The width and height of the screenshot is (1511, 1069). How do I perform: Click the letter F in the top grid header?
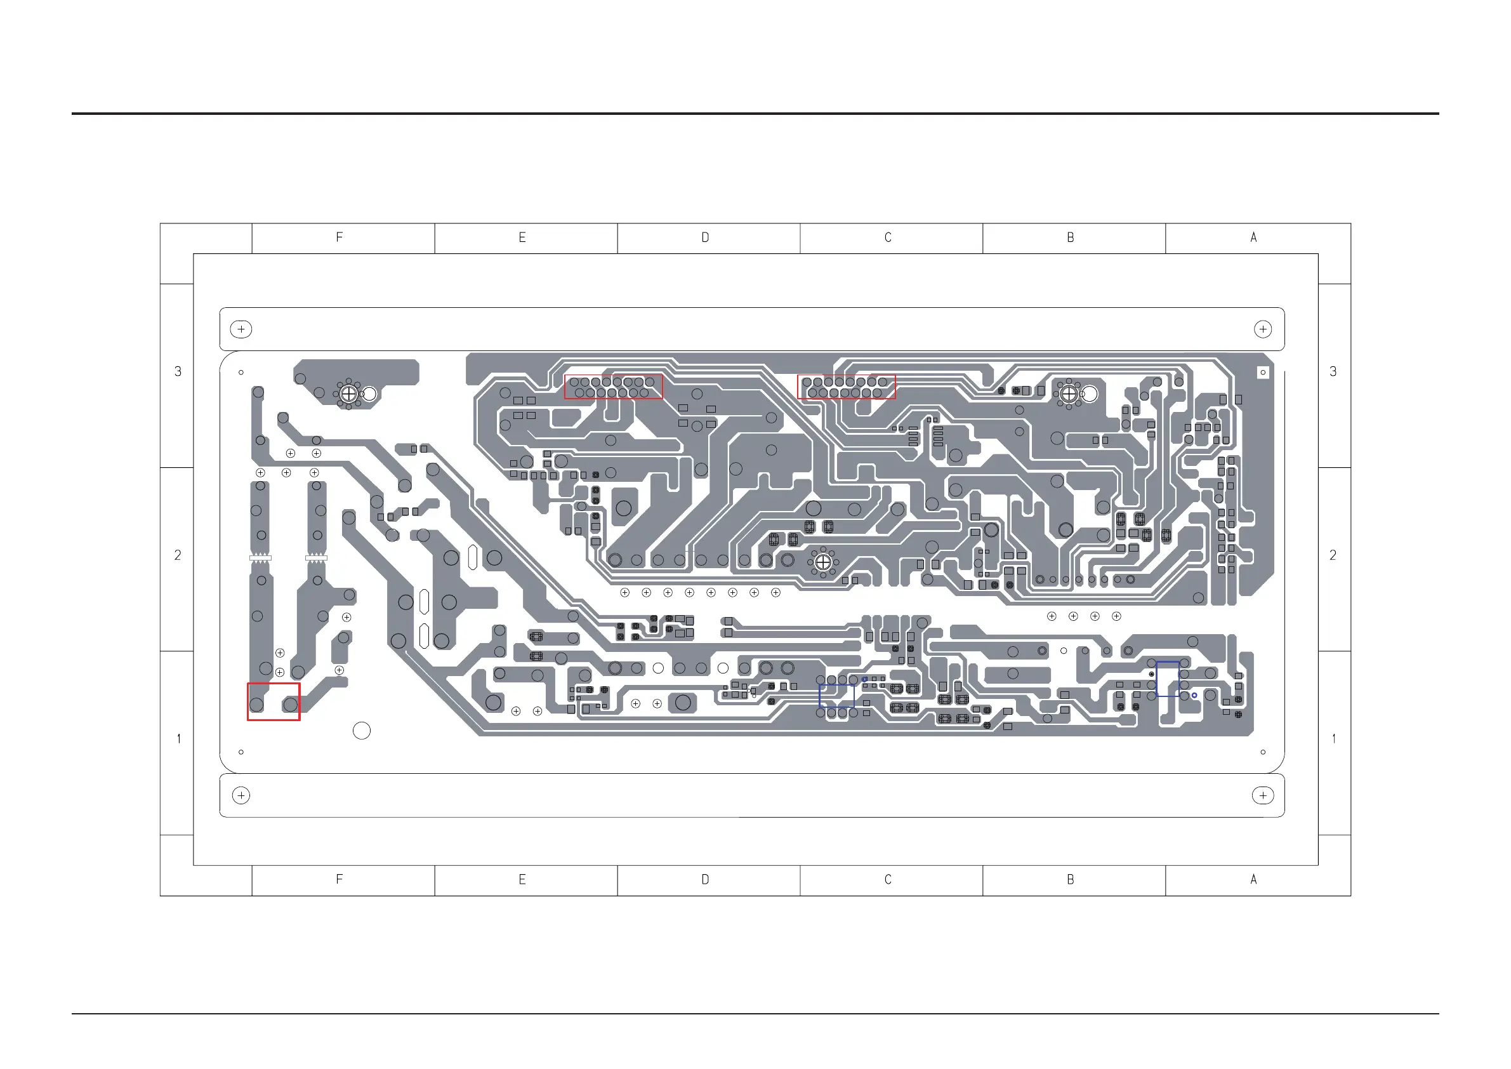point(340,237)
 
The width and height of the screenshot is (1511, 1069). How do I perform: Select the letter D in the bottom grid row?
point(705,879)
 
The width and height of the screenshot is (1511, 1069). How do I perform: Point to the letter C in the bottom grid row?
point(888,879)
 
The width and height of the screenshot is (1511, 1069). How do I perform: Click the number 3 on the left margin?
point(178,372)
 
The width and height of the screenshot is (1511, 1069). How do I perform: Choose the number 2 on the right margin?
point(1333,555)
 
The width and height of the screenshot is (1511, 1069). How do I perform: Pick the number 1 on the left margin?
point(178,739)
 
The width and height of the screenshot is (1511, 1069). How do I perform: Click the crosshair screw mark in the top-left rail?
point(242,329)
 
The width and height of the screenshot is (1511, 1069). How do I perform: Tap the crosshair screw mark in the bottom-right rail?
point(1262,795)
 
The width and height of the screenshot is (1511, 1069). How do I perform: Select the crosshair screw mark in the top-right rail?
point(1262,329)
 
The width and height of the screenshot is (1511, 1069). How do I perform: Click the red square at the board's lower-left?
point(274,701)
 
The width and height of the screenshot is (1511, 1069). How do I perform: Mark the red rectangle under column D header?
point(614,387)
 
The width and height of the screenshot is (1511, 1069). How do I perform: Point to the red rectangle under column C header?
point(847,387)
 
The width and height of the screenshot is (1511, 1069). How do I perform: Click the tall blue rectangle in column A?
point(1168,679)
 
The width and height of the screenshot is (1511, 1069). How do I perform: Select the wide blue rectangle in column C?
point(836,696)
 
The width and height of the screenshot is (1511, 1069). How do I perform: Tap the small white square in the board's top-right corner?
point(1262,373)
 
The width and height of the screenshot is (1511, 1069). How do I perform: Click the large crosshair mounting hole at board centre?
point(822,563)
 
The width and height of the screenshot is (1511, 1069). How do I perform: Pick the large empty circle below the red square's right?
point(361,731)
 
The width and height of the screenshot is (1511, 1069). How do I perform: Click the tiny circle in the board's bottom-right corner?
point(1262,752)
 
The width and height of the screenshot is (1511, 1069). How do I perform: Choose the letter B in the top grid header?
point(1071,237)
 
